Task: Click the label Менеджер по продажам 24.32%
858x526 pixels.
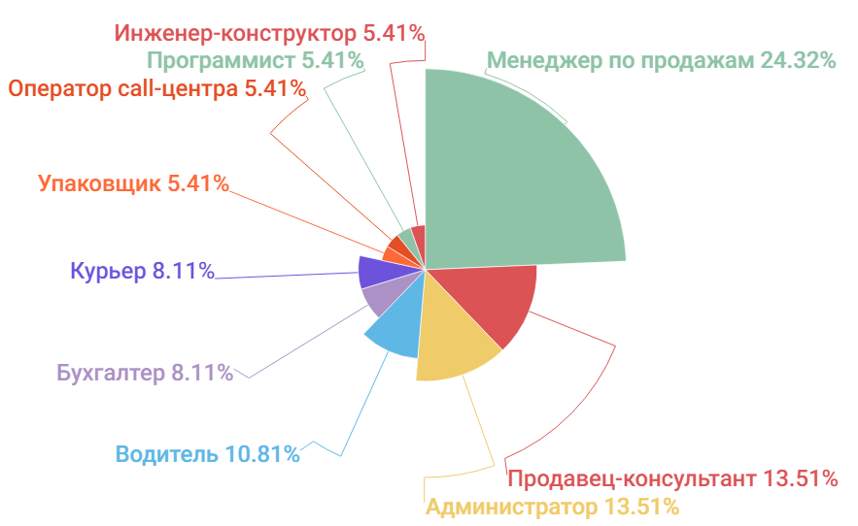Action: [661, 60]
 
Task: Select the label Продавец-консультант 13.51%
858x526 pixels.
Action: [672, 478]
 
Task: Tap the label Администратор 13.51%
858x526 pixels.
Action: [552, 507]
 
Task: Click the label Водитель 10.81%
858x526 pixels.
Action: [207, 454]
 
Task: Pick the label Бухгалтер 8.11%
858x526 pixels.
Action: [145, 372]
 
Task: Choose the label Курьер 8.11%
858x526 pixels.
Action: [142, 271]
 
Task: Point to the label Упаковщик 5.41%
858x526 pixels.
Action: [133, 182]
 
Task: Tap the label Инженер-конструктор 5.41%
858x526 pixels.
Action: [269, 33]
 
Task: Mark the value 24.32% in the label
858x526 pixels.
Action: [799, 60]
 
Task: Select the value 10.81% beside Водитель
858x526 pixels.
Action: [261, 454]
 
